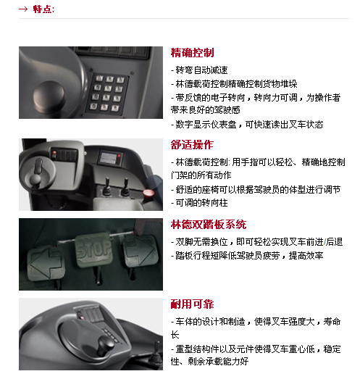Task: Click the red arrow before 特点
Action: click(x=23, y=9)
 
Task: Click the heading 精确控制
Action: click(x=192, y=53)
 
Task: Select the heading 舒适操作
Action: click(x=192, y=145)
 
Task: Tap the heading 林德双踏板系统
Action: click(x=209, y=225)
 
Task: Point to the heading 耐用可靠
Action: click(x=192, y=304)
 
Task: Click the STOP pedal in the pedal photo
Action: click(x=93, y=249)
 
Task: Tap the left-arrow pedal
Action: click(x=46, y=262)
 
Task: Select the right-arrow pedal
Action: click(x=139, y=250)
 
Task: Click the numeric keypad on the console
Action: click(x=107, y=93)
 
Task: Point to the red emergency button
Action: click(x=148, y=193)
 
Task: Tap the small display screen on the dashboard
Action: click(x=110, y=157)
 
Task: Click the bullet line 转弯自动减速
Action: click(x=199, y=70)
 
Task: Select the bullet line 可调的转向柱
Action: click(x=199, y=203)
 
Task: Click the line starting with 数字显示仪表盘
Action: click(x=247, y=125)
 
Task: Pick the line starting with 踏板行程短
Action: click(x=247, y=255)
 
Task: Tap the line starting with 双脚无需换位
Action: click(x=257, y=242)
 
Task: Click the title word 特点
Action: click(x=43, y=9)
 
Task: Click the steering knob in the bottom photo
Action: click(x=106, y=344)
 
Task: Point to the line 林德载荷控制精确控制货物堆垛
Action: click(x=234, y=84)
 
